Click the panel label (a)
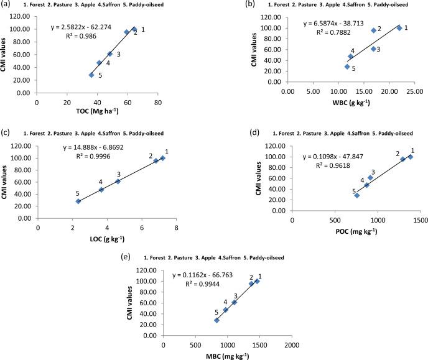[7, 5]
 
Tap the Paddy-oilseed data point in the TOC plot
[91, 75]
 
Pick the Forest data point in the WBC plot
[399, 28]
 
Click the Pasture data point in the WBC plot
[373, 30]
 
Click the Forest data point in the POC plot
[411, 157]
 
